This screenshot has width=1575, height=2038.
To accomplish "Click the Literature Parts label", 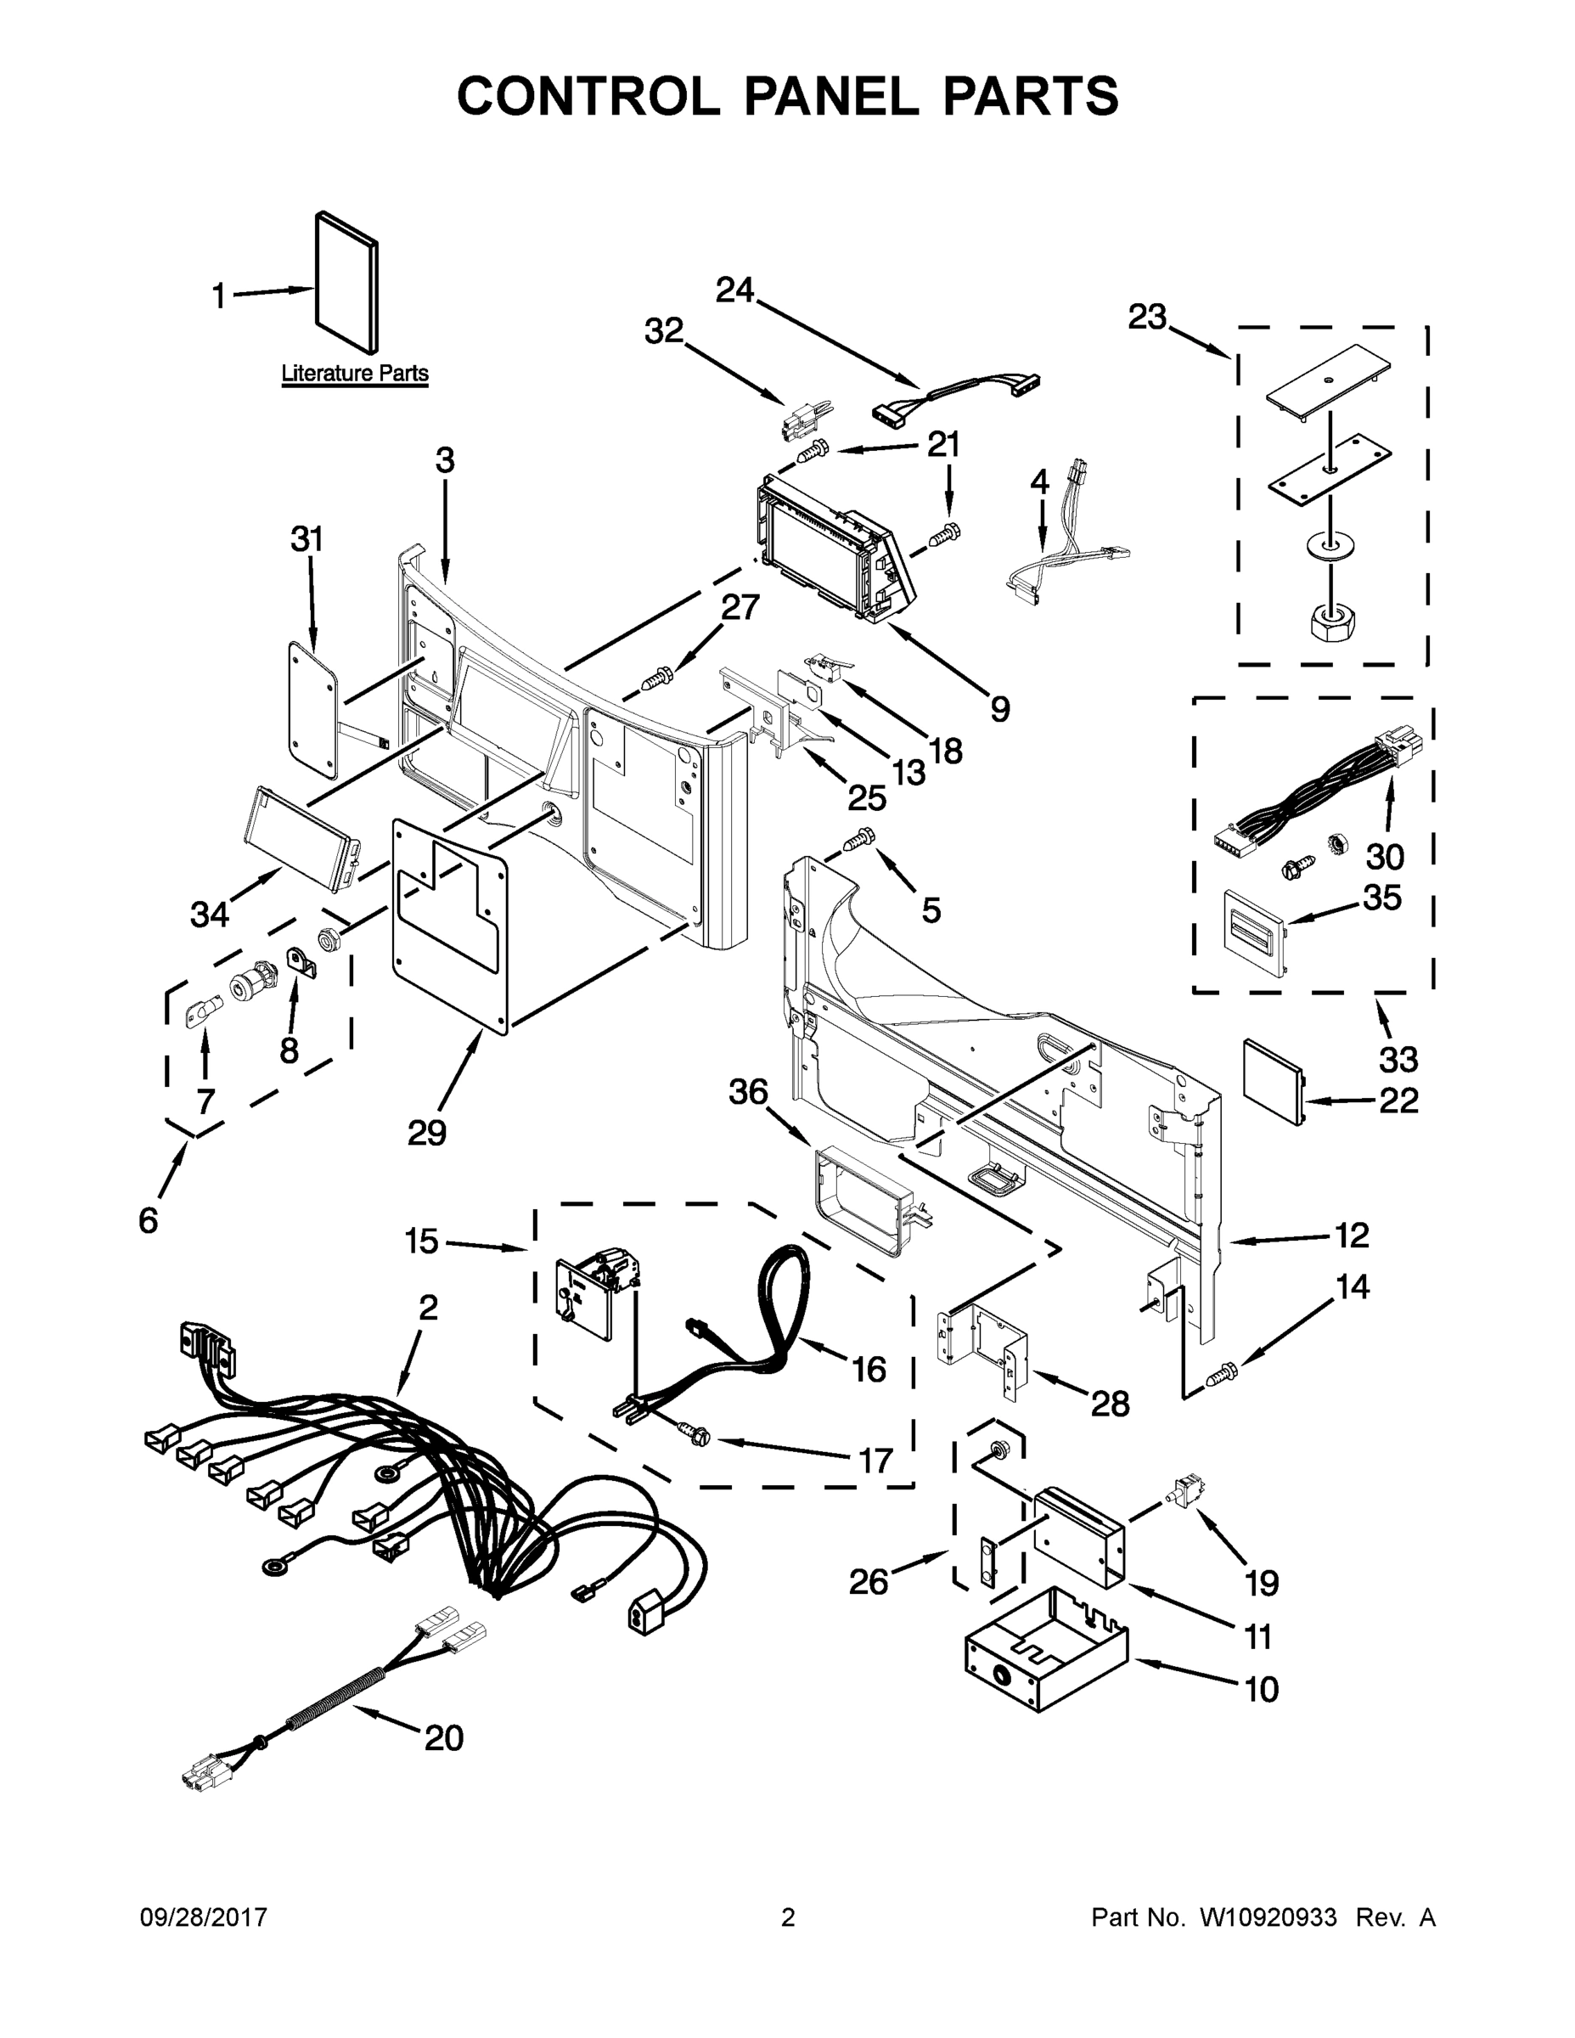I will (x=355, y=374).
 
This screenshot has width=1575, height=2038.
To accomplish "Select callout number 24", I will (x=734, y=291).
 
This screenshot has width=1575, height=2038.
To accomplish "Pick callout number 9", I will (x=999, y=709).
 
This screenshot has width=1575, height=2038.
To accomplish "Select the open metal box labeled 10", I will (x=1045, y=1650).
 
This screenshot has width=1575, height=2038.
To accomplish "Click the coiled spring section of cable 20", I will (x=331, y=1701).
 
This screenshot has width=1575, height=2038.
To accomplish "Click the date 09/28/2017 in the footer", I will (x=204, y=1917).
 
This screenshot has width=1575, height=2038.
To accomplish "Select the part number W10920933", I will (x=1267, y=1917).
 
